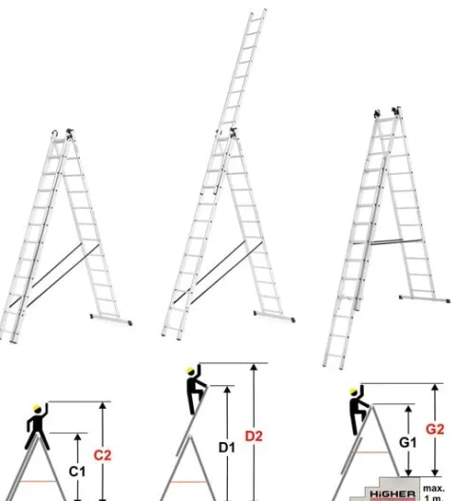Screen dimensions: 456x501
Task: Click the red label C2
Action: [x=103, y=455]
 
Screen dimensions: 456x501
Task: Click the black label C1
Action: [x=77, y=472]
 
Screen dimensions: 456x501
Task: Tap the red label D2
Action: [x=254, y=436]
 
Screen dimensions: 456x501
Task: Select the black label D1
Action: [x=227, y=448]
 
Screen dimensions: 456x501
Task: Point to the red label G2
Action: [x=435, y=429]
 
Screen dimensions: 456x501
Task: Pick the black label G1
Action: [x=408, y=442]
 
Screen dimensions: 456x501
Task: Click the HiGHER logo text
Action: [x=392, y=494]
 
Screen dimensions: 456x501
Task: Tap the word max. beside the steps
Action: [x=434, y=489]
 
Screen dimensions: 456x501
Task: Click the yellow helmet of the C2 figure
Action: [x=37, y=408]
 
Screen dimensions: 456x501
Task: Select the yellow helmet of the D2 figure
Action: [x=190, y=371]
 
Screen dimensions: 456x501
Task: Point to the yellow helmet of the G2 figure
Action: [x=353, y=391]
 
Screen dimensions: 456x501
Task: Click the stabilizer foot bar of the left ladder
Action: [x=111, y=319]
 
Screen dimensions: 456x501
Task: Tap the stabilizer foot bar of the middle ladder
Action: [x=275, y=316]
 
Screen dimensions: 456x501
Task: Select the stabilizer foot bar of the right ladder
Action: [x=425, y=299]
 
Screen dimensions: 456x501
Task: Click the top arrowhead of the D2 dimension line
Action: [x=254, y=367]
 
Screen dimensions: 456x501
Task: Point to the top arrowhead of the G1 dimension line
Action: [x=408, y=410]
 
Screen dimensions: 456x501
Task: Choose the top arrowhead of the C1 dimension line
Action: [x=78, y=437]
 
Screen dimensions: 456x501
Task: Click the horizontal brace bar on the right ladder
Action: [x=388, y=241]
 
